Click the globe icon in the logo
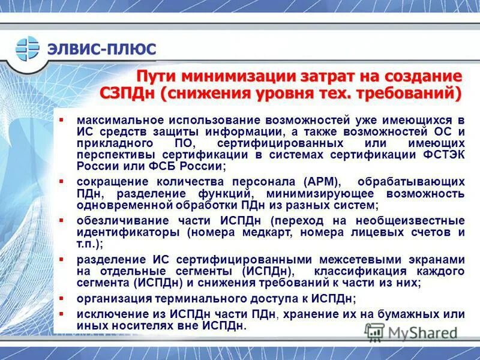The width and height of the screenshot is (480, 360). (x=27, y=49)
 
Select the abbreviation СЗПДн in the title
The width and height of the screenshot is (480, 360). (x=127, y=94)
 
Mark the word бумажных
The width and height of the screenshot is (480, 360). (x=403, y=313)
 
